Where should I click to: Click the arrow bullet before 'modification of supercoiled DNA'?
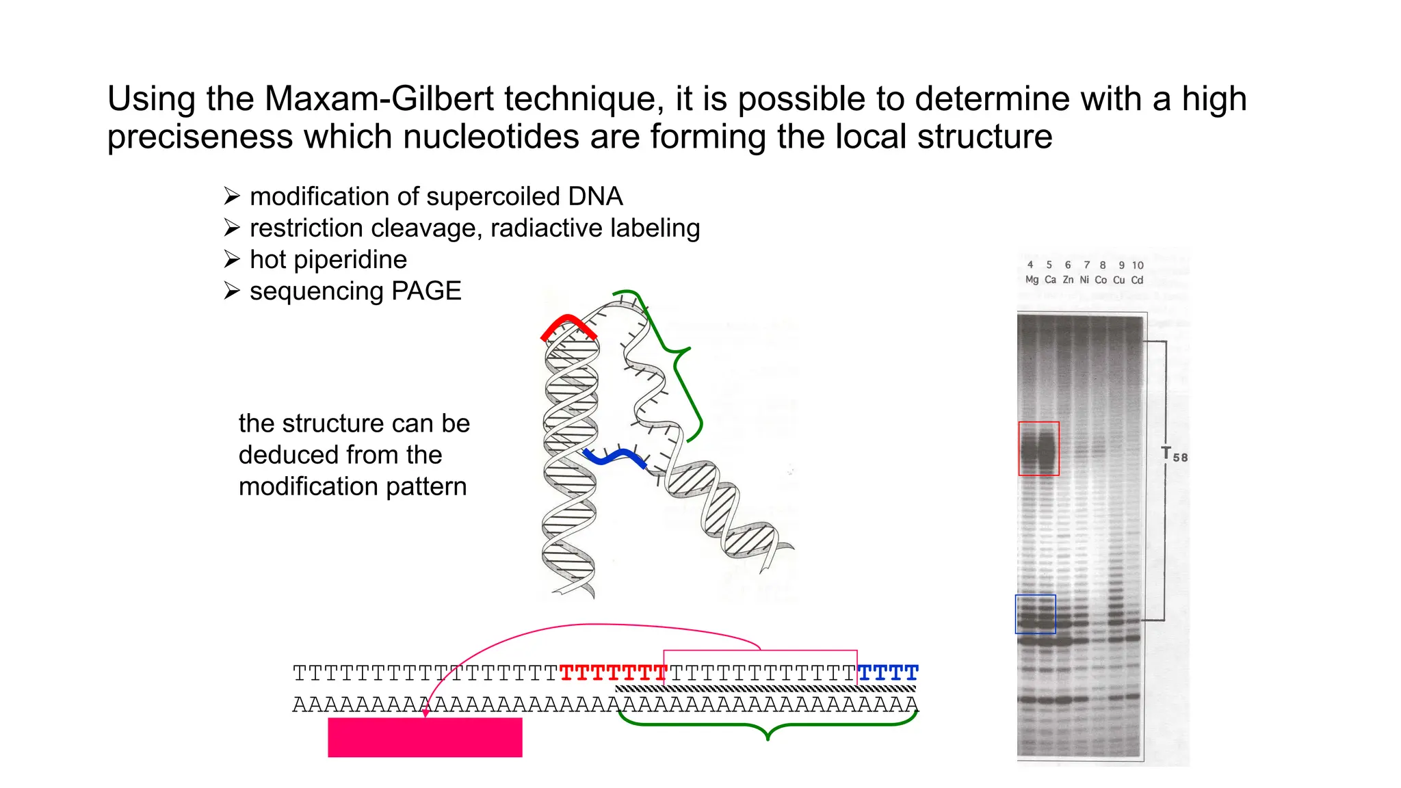pos(232,197)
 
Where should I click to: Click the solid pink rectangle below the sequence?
pos(425,737)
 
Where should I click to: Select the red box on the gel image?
pos(1038,449)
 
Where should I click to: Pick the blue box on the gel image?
pos(1035,614)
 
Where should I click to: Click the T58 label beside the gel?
pos(1174,455)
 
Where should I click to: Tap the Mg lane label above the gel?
pos(1032,280)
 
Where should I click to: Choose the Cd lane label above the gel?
pos(1137,280)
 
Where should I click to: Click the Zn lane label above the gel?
pos(1068,280)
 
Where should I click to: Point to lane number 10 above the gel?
pos(1137,265)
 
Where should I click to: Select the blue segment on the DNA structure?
pos(614,456)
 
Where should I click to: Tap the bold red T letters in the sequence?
pos(613,673)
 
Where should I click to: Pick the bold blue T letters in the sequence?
pos(888,673)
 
